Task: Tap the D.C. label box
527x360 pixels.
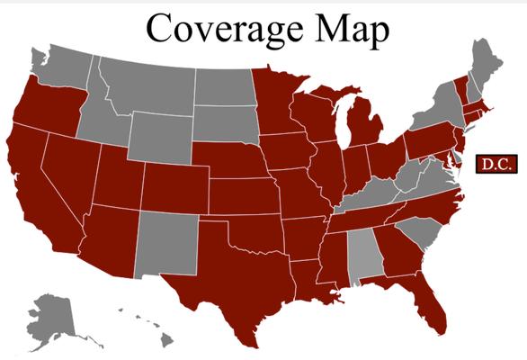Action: pos(492,164)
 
